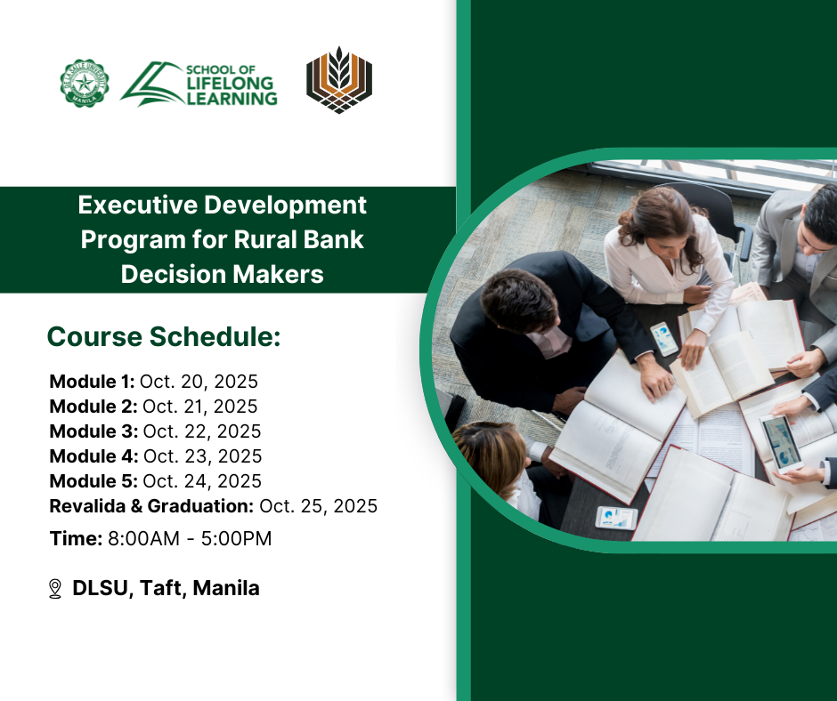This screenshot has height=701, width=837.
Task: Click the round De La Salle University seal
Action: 85,83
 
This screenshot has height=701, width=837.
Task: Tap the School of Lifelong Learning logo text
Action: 232,85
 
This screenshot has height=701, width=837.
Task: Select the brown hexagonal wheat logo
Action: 339,80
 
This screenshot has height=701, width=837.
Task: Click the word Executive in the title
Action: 138,205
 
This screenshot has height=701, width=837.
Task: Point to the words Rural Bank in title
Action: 299,239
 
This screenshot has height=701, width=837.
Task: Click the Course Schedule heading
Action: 164,336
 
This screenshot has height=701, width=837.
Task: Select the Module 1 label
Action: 92,382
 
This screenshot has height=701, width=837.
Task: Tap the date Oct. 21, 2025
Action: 200,407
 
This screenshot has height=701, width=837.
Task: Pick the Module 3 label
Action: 93,431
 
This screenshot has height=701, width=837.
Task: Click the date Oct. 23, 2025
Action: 203,456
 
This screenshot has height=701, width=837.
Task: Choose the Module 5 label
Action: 93,481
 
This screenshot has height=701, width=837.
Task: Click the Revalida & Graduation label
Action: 151,506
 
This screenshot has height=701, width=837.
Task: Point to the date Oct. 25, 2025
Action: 318,506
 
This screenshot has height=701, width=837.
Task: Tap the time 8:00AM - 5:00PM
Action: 190,539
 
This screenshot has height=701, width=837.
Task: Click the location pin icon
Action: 55,589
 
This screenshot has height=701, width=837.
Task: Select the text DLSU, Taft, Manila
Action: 166,588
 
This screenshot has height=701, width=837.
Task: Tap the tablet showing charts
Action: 781,443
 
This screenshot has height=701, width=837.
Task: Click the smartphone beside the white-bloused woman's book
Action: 664,339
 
